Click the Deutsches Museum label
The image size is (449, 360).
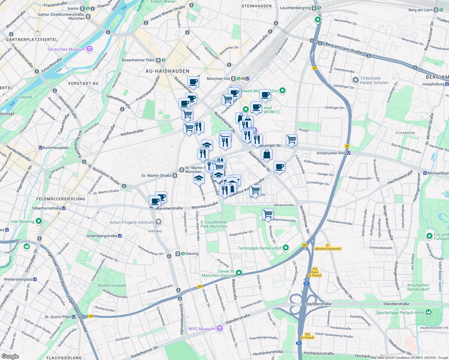pos(66,49)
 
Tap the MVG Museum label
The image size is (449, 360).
pos(202,329)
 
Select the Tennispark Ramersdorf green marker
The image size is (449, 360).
pos(286,248)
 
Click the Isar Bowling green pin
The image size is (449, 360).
pos(38,221)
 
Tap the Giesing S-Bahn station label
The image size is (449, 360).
pos(191,253)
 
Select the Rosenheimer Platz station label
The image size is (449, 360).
pos(138,60)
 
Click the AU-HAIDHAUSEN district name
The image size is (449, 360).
pos(167,71)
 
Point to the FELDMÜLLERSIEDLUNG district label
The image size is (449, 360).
pos(61,199)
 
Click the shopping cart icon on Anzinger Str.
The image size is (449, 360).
pos(291,139)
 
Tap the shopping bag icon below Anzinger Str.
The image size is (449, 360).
pos(267,154)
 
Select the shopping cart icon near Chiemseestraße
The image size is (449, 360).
pos(268,214)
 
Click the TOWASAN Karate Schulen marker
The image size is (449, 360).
pos(355,80)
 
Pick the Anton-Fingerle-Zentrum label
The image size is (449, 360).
pos(131,222)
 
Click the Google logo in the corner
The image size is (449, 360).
pos(10,356)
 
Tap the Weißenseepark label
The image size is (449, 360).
pos(112,285)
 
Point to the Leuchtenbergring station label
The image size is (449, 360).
pos(295,8)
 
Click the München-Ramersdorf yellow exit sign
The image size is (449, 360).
pos(328,249)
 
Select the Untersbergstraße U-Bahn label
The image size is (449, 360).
pos(102,236)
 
